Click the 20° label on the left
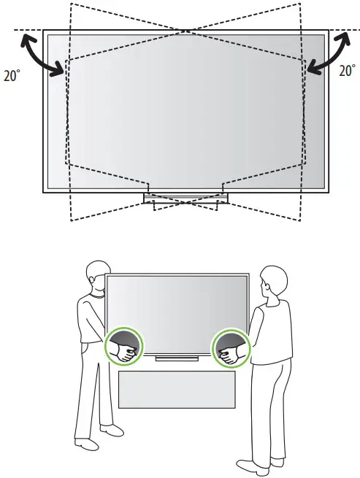point(13,75)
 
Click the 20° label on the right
point(346,71)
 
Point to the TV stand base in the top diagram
point(185,198)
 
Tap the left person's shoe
point(86,443)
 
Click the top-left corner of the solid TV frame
point(44,31)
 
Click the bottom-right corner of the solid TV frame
point(329,191)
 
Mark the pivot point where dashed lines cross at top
point(187,30)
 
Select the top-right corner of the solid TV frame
point(329,31)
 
